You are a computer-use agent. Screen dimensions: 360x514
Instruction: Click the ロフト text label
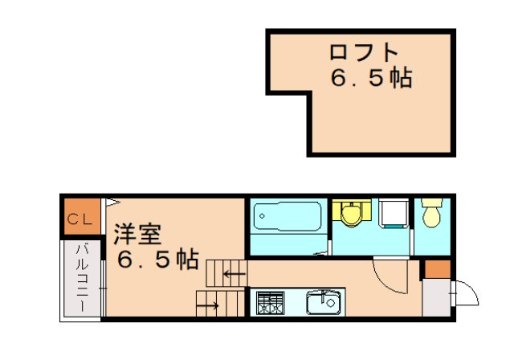coord(364,52)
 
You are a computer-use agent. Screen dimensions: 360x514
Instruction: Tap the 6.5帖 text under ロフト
coord(370,79)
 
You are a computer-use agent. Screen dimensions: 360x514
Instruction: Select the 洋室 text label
coord(137,234)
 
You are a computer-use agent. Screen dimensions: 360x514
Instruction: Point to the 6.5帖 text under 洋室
coord(157,260)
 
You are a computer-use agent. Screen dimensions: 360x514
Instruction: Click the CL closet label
coord(79,219)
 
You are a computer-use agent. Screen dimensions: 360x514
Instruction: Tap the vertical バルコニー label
coord(81,277)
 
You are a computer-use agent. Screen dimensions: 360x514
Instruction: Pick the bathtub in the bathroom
coord(287,217)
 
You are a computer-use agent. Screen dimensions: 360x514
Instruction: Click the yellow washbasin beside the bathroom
coord(351,212)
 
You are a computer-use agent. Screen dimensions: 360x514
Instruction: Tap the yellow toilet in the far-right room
coord(433,213)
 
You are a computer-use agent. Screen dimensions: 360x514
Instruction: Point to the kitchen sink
coord(324,304)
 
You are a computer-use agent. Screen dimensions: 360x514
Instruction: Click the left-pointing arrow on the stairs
coord(234,274)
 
